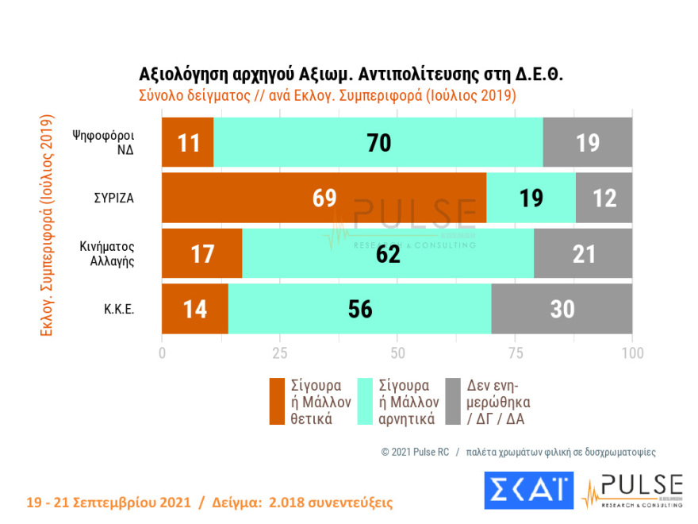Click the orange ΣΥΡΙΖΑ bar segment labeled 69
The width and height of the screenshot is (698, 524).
click(324, 198)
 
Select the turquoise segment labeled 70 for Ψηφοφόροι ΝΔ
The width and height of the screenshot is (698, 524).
click(378, 143)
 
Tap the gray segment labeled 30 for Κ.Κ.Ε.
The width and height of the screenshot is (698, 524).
click(562, 309)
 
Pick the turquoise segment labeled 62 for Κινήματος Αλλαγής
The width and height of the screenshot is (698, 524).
click(388, 254)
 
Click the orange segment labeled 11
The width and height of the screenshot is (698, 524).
click(188, 143)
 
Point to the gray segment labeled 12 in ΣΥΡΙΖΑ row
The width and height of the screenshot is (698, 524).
click(604, 198)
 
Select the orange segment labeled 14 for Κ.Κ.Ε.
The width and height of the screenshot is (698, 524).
click(195, 309)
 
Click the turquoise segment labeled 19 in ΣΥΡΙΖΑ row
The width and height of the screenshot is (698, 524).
click(531, 198)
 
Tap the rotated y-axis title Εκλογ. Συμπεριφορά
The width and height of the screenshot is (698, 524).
click(46, 225)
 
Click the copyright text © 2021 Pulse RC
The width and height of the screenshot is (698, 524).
click(415, 452)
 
